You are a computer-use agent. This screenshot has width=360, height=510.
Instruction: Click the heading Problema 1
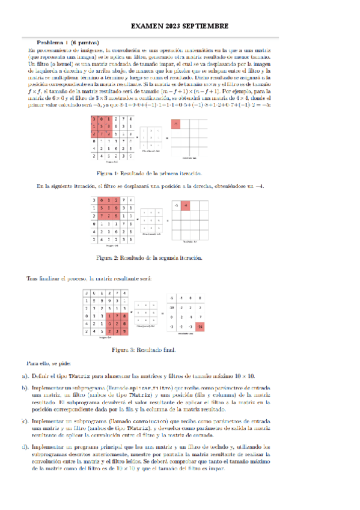53,43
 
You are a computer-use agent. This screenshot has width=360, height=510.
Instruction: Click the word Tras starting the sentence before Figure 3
34,278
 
